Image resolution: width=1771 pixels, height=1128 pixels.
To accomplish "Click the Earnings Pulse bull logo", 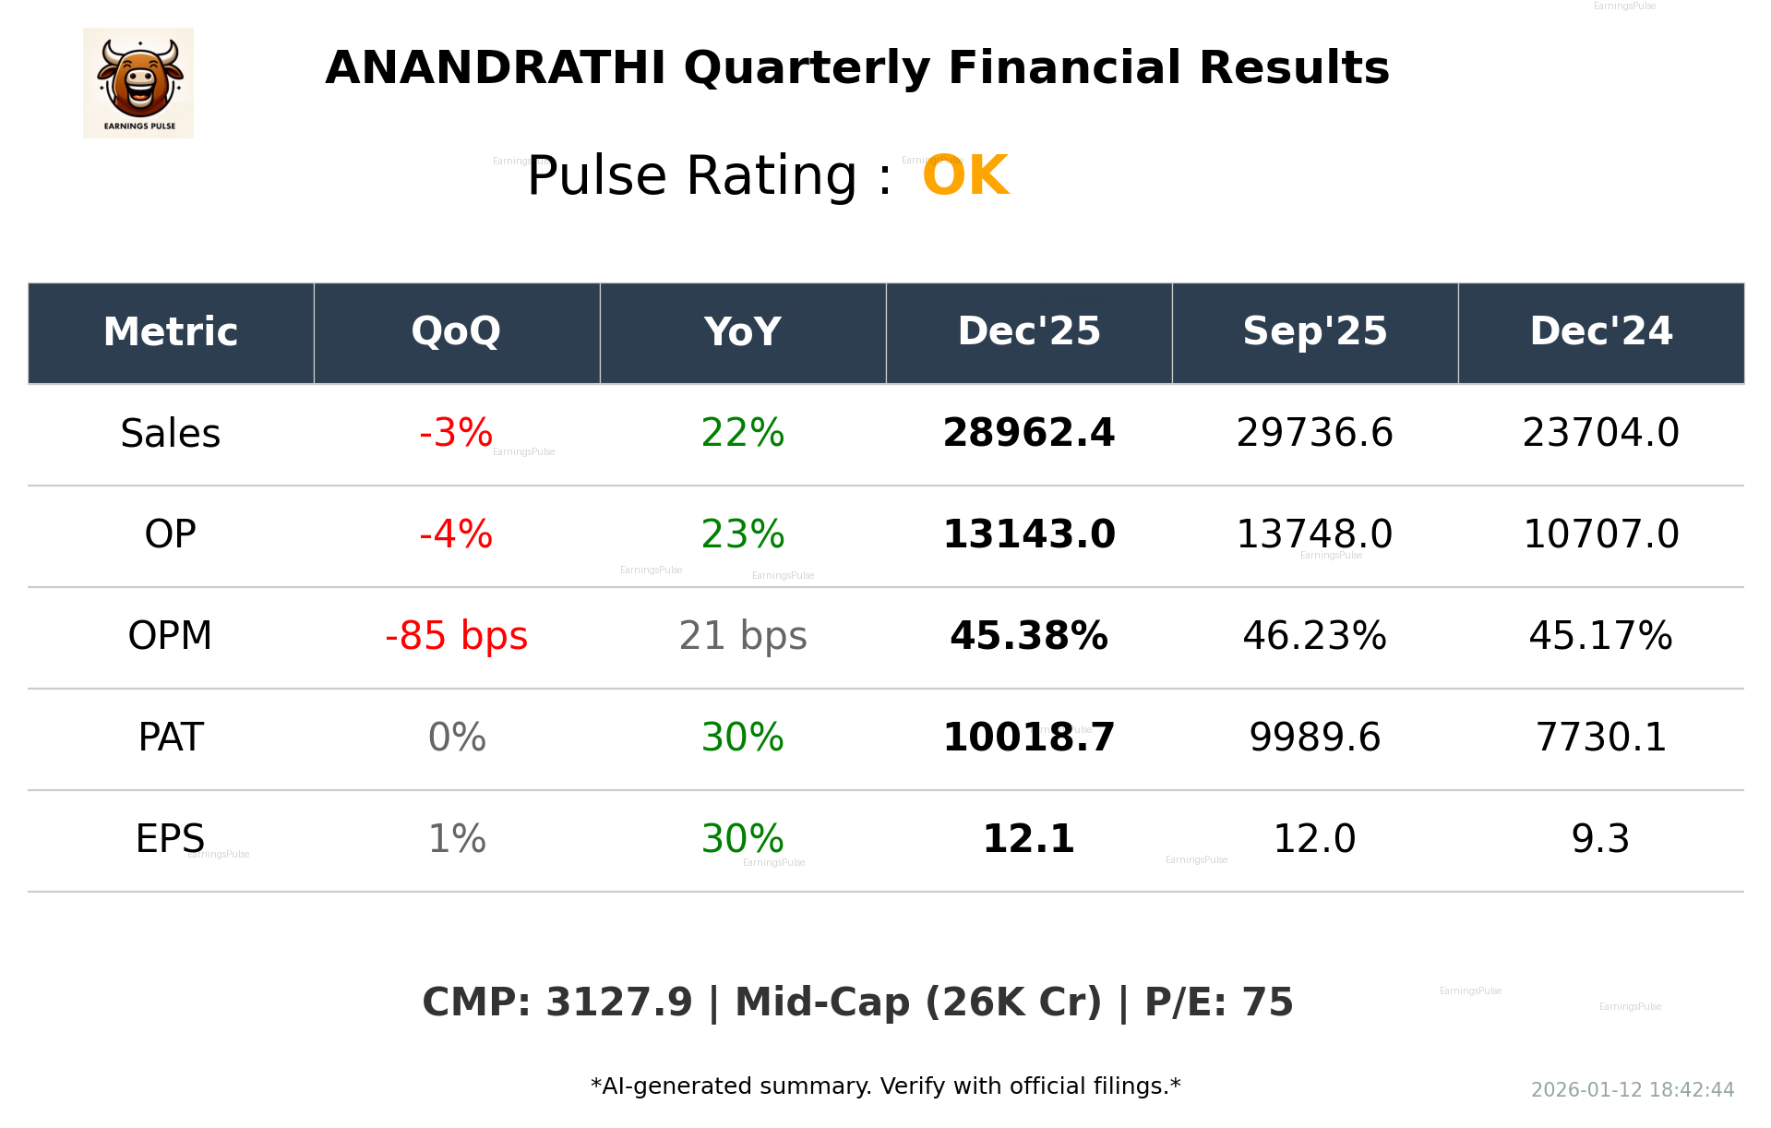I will (138, 82).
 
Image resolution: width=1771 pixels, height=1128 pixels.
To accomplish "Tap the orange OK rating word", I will (964, 175).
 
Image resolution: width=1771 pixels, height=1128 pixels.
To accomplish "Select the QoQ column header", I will (456, 332).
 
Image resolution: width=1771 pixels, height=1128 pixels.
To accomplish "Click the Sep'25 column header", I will (1314, 332).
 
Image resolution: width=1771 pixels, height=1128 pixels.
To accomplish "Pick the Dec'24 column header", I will (1600, 332).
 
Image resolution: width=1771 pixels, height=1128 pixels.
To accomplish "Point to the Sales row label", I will (171, 434).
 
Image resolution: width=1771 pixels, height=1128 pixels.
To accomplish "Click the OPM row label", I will (171, 636).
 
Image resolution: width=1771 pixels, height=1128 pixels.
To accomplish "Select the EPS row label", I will (171, 839).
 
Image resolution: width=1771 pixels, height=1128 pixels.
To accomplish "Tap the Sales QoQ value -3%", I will (456, 434).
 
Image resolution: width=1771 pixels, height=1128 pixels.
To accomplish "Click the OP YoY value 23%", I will (742, 534).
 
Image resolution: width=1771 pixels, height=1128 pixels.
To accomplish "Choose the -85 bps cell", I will (456, 636).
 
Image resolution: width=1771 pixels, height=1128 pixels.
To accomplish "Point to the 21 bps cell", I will (742, 636).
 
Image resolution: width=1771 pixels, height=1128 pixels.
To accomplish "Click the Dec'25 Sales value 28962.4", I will (1028, 434).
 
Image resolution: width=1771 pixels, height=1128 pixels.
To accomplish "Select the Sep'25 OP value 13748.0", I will (1314, 534).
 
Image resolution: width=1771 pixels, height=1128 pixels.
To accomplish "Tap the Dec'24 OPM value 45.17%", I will (1600, 636).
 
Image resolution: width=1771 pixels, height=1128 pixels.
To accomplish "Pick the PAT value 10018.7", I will (1028, 738).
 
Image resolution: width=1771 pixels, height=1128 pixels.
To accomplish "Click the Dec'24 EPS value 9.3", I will (1600, 839).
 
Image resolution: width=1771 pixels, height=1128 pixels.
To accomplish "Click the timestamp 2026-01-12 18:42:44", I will (1632, 1090).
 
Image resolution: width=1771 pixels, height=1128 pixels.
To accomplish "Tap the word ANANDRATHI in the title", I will (495, 68).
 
